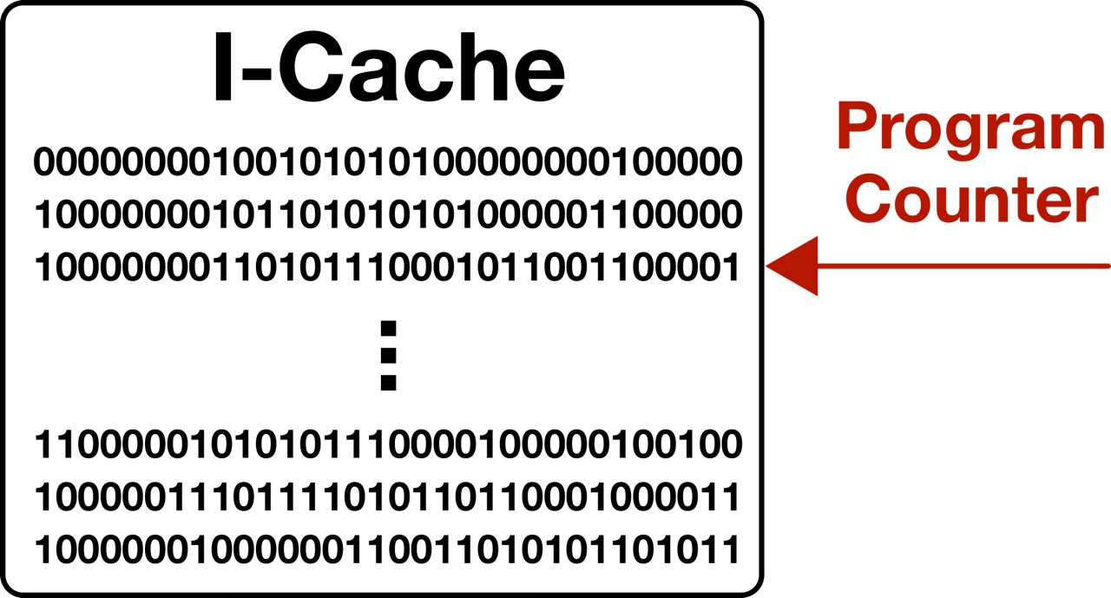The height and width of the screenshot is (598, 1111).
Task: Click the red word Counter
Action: click(x=973, y=199)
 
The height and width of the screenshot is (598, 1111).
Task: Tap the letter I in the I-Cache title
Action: click(x=224, y=70)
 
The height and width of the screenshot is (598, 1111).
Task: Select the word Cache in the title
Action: click(x=422, y=70)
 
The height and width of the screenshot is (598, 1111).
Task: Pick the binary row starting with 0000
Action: click(x=387, y=161)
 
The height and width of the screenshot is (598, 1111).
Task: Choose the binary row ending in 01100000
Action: click(x=387, y=214)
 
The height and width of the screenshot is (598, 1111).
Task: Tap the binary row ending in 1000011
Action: click(x=387, y=498)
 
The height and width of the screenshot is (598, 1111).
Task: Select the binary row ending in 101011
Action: click(x=387, y=550)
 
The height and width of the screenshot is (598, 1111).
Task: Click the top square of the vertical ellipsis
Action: click(x=388, y=328)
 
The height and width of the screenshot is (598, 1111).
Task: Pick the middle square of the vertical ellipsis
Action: click(x=388, y=355)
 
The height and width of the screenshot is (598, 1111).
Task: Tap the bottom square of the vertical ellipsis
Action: click(x=388, y=382)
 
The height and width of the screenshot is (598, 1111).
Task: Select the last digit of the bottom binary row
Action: click(x=731, y=550)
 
